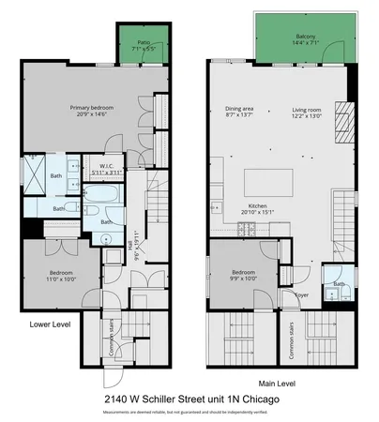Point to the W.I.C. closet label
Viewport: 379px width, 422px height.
pos(106,170)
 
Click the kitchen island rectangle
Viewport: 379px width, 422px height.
pos(265,180)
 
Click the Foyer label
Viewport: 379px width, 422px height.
pos(302,293)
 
